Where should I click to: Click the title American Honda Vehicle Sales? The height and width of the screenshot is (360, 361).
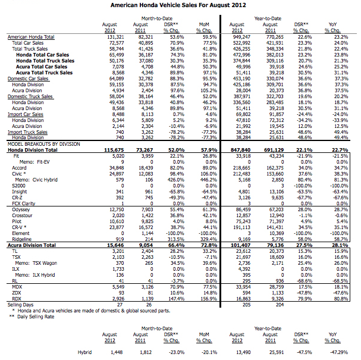(181, 4)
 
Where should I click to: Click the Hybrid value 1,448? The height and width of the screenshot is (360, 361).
(117, 352)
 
